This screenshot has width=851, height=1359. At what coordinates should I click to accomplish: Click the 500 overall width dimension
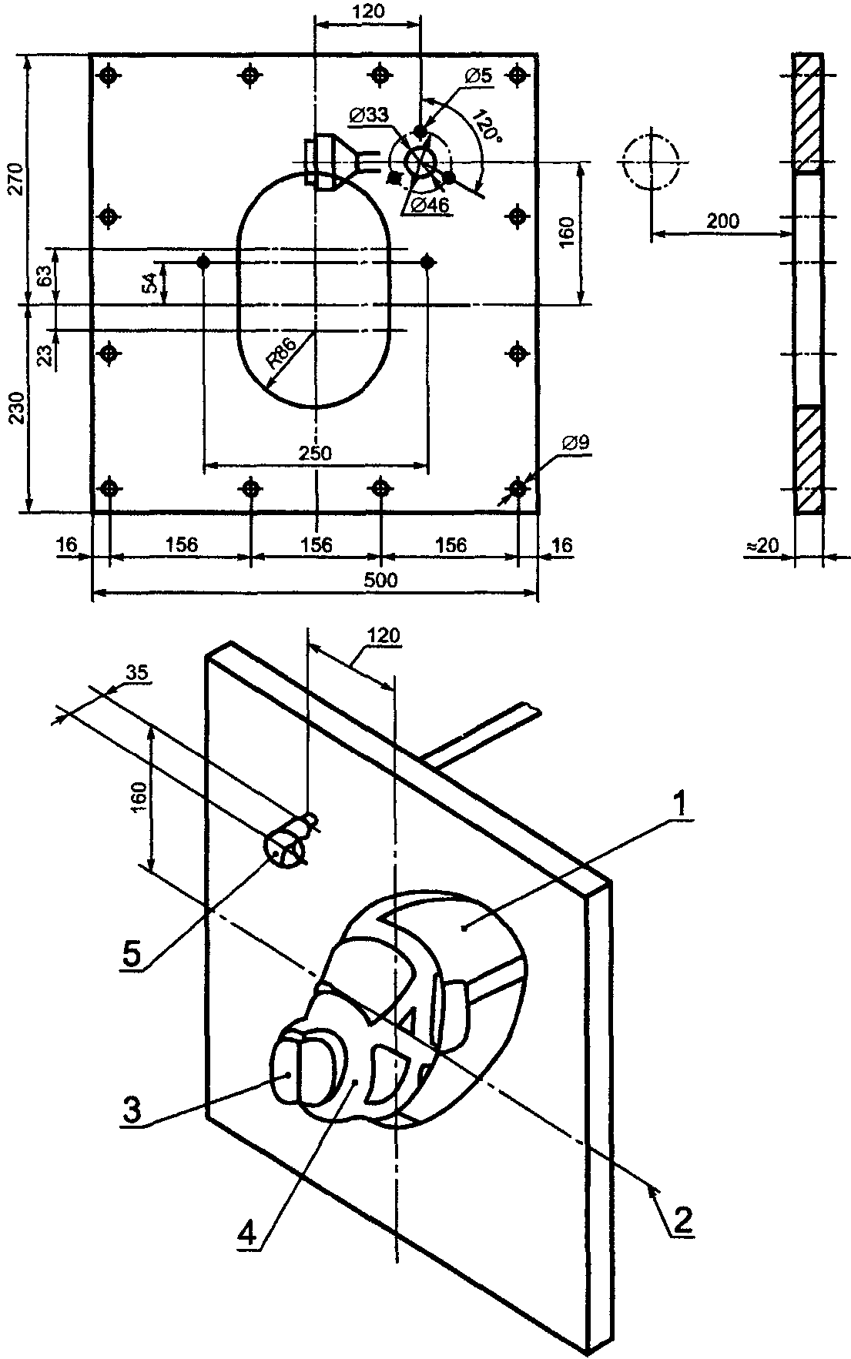(380, 580)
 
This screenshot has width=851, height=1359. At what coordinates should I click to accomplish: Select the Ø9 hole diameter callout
(575, 443)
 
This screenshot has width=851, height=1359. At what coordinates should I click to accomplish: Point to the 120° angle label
(487, 128)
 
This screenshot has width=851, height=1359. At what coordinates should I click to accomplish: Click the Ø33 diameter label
(368, 115)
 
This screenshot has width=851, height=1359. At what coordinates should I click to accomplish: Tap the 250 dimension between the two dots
(316, 453)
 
